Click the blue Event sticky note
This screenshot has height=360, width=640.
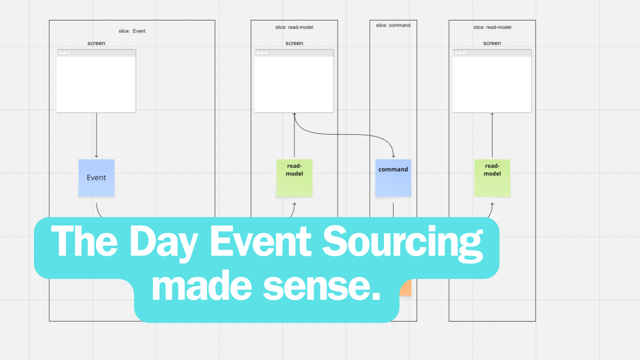(96, 177)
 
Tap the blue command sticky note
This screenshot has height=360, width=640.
(393, 178)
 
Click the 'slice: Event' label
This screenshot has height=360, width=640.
(132, 31)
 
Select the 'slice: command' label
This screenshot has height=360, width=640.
(393, 25)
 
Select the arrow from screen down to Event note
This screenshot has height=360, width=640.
(96, 135)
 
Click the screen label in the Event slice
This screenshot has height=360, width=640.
(96, 43)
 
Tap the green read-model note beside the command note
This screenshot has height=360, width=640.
(294, 177)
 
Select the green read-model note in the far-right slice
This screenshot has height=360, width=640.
(492, 177)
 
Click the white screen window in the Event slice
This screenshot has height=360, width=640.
(96, 83)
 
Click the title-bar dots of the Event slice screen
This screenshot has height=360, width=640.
(64, 53)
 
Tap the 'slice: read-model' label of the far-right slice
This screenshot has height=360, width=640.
(492, 27)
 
